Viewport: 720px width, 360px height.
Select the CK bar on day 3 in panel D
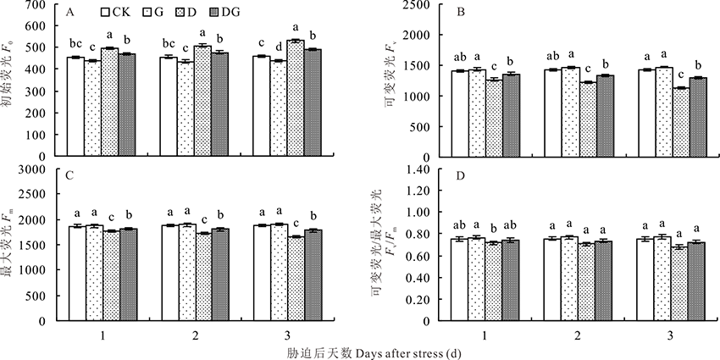pyautogui.click(x=638, y=280)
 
